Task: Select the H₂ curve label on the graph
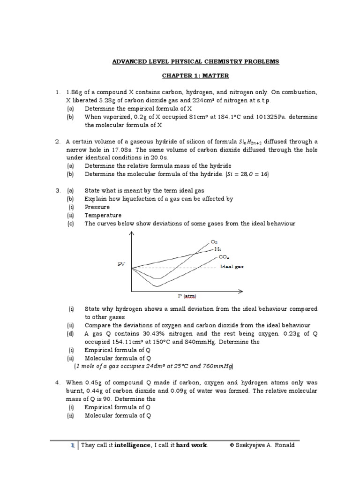pyautogui.click(x=217, y=249)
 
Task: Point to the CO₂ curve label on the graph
pyautogui.click(x=224, y=257)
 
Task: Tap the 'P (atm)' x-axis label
pyautogui.click(x=187, y=296)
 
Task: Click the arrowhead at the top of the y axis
pyautogui.click(x=132, y=234)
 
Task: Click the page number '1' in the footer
pyautogui.click(x=73, y=445)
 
